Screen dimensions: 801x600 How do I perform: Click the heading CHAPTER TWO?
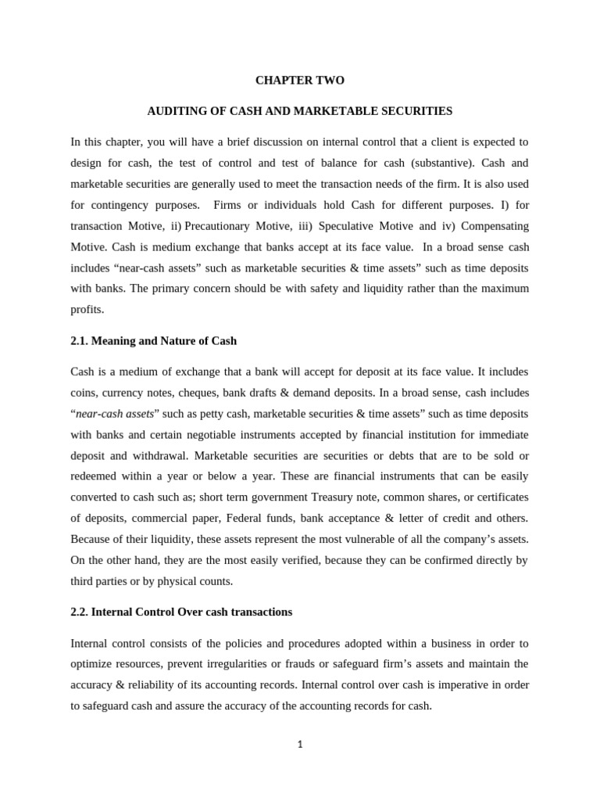pos(300,81)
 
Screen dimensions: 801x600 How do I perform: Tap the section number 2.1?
pos(80,341)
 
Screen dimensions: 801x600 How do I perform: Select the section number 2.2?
pos(80,612)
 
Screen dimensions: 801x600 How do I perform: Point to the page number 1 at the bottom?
pos(299,744)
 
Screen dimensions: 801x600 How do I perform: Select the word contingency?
pos(123,205)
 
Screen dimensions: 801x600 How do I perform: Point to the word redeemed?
pos(95,476)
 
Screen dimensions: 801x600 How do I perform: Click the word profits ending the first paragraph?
pos(86,310)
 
